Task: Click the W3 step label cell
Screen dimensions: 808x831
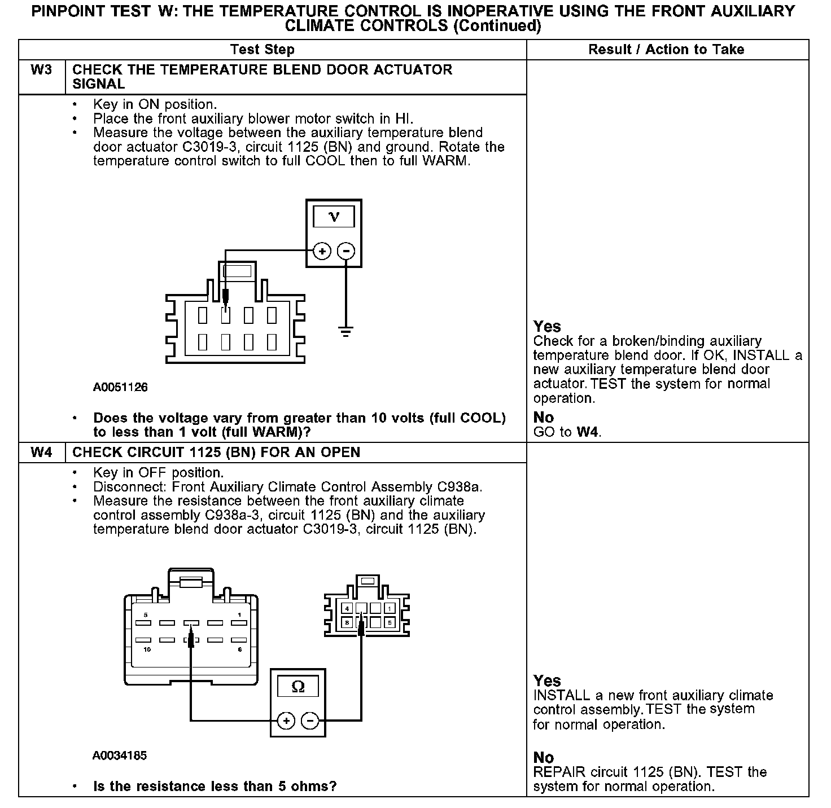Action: [41, 70]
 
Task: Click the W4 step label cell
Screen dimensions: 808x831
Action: [41, 453]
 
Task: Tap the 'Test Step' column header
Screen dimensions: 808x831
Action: [263, 50]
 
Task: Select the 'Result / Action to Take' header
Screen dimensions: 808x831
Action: [666, 50]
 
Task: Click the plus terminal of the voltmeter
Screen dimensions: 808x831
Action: [322, 251]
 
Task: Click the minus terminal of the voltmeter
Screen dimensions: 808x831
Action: [346, 251]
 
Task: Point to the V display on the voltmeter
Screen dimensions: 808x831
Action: [334, 217]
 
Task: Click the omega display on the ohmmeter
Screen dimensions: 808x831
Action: [298, 686]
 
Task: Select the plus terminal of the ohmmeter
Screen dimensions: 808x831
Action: [286, 721]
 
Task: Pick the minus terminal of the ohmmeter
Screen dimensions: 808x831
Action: [310, 721]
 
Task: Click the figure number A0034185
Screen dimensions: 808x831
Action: [120, 756]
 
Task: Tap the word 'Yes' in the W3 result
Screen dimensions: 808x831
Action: [547, 327]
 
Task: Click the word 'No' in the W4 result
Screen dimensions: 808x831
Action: [543, 757]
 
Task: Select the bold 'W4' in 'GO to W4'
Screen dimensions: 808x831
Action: [588, 433]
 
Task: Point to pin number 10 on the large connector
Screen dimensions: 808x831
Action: [147, 650]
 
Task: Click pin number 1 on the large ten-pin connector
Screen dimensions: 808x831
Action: [240, 614]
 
